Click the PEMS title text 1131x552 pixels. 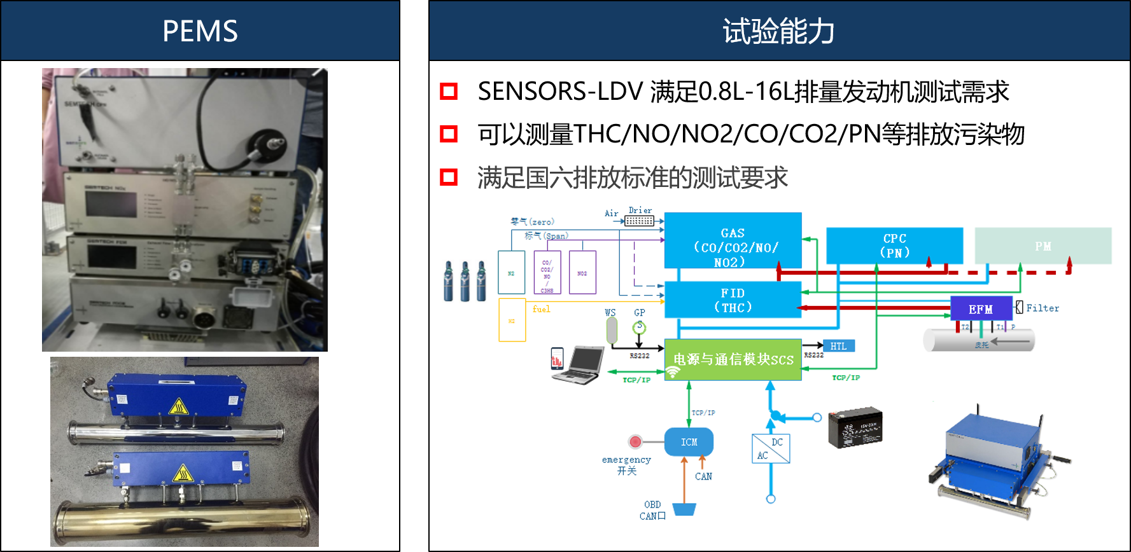pyautogui.click(x=200, y=31)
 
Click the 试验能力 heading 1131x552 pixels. pyautogui.click(x=778, y=31)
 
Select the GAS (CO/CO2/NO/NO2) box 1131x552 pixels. pyautogui.click(x=733, y=241)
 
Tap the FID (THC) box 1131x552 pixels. pyautogui.click(x=733, y=300)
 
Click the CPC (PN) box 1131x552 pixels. pyautogui.click(x=894, y=245)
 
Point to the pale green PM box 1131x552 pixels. pyautogui.click(x=1043, y=246)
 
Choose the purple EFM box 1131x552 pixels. pyautogui.click(x=980, y=309)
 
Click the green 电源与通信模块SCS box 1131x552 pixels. pyautogui.click(x=733, y=359)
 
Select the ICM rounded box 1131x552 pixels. pyautogui.click(x=689, y=442)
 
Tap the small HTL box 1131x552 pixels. pyautogui.click(x=838, y=346)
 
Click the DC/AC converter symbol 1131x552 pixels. pyautogui.click(x=771, y=448)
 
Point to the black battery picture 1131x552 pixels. pyautogui.click(x=855, y=427)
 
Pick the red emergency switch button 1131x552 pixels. pyautogui.click(x=635, y=441)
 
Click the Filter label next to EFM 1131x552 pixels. pyautogui.click(x=1043, y=308)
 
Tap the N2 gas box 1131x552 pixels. pyautogui.click(x=511, y=272)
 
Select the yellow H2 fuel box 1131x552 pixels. pyautogui.click(x=512, y=321)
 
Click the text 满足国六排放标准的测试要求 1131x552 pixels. pyautogui.click(x=632, y=177)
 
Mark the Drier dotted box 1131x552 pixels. pyautogui.click(x=639, y=221)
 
